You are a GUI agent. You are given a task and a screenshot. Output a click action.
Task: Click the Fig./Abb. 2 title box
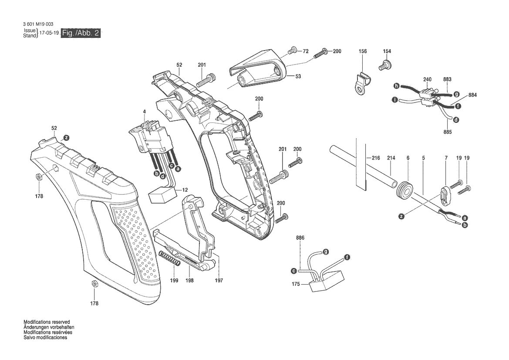pyautogui.click(x=81, y=33)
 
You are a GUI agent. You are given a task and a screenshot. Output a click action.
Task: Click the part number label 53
pyautogui.click(x=298, y=76)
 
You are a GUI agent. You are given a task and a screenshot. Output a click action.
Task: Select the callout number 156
pyautogui.click(x=363, y=51)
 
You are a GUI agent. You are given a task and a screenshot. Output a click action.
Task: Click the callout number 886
pyautogui.click(x=300, y=238)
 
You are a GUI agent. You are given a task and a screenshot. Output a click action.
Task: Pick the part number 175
pyautogui.click(x=296, y=284)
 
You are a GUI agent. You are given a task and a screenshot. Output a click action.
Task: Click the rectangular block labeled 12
pyautogui.click(x=162, y=196)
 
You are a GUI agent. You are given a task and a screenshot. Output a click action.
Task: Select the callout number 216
pyautogui.click(x=375, y=158)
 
